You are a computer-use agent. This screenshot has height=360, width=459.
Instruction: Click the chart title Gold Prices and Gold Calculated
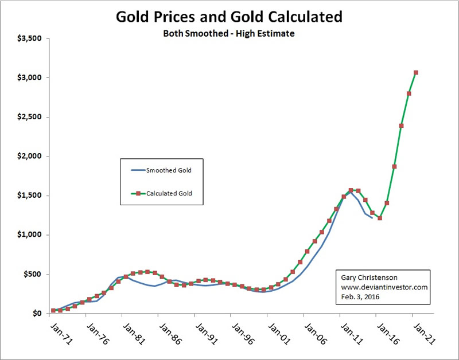pos(229,15)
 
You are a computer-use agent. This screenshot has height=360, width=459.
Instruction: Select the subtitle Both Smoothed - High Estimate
pos(229,34)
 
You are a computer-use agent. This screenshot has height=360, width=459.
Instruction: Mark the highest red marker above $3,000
pos(416,72)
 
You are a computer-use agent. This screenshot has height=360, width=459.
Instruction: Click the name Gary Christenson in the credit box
pos(368,277)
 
